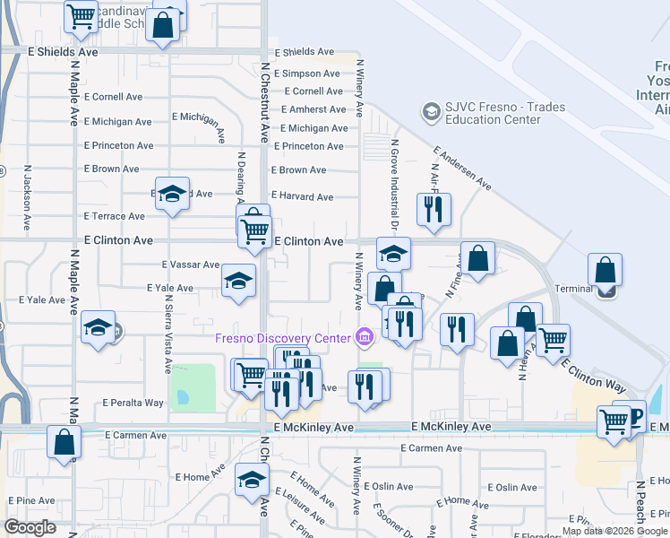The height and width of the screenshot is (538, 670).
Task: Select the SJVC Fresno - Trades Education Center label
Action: (507, 113)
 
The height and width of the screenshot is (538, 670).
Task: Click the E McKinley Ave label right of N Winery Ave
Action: (451, 428)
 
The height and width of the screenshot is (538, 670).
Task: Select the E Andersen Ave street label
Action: (462, 169)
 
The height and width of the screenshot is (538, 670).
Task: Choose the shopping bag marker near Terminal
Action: (606, 269)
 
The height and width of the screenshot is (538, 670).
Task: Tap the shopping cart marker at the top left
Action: (82, 14)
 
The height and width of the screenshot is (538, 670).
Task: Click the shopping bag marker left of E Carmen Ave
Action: (64, 441)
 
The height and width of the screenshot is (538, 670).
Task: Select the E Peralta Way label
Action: (133, 403)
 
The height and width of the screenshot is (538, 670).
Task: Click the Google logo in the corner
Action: (30, 527)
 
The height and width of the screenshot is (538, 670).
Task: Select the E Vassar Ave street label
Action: (190, 265)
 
